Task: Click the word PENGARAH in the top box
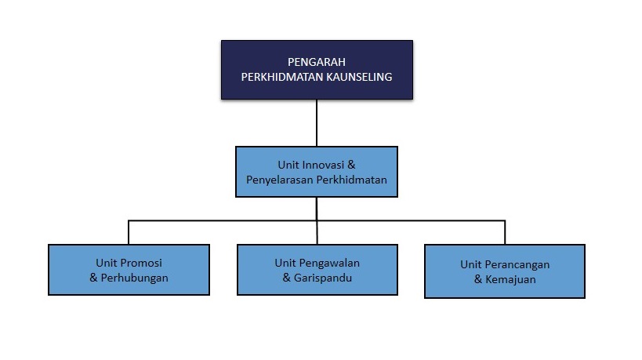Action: [317, 62]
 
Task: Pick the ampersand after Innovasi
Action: [351, 165]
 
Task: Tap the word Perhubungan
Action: [134, 278]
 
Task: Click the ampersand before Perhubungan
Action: [93, 278]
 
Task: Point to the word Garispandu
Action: [323, 278]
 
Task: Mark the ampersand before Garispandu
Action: [287, 278]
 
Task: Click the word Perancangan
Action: [517, 264]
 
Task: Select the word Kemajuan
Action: [510, 279]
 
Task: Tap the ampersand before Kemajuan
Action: [478, 279]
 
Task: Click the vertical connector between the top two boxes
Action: [317, 123]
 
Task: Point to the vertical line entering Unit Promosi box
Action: [129, 233]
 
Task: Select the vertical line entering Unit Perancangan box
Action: [505, 233]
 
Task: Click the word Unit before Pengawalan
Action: [285, 263]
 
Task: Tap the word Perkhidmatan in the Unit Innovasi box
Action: [352, 180]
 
